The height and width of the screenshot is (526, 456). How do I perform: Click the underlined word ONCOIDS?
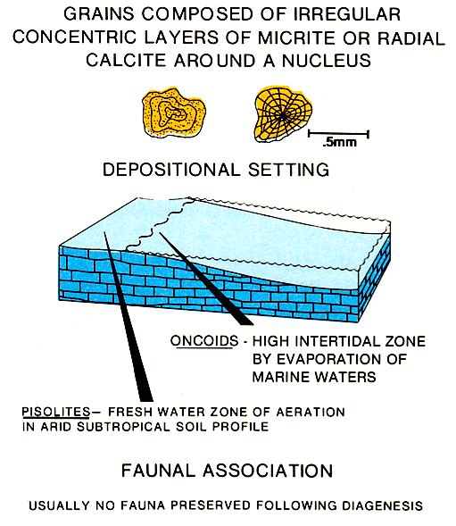pos(204,341)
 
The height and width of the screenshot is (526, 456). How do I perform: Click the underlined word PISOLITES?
pos(56,412)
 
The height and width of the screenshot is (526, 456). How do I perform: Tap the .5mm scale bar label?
pos(339,142)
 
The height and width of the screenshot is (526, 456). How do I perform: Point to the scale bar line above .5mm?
pos(338,134)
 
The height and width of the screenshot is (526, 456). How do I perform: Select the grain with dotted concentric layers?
pos(173,113)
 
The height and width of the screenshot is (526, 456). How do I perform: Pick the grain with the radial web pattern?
pos(283,114)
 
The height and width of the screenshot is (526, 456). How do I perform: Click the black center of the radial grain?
pos(283,116)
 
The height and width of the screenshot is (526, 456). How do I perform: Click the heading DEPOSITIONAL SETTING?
pos(216,170)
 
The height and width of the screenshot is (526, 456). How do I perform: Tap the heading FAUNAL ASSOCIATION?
pos(227,471)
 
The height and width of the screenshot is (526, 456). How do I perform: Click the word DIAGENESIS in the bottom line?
pos(379,505)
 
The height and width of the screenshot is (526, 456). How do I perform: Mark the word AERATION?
pos(311,412)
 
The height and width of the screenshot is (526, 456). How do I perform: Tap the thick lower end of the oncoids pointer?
pos(245,322)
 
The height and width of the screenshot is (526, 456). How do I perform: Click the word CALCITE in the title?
pos(126,61)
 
